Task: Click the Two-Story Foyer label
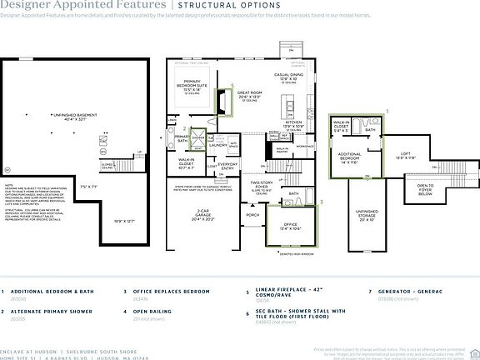point(263,184)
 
